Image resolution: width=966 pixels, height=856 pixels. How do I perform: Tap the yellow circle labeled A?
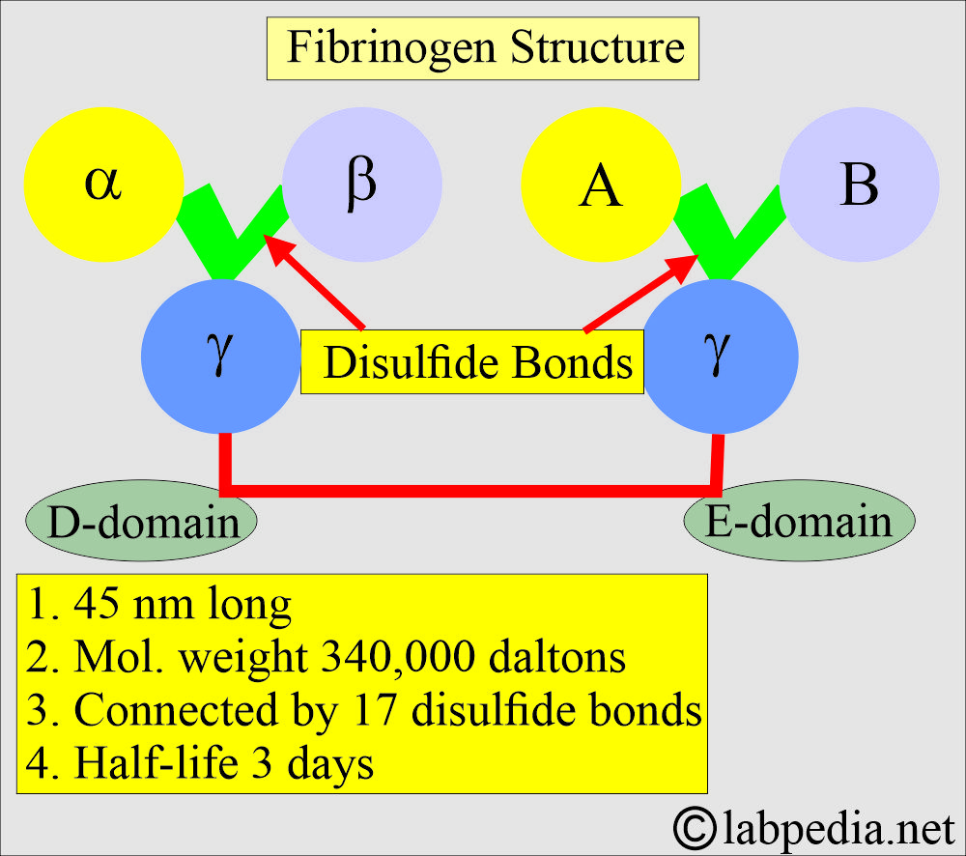tap(600, 185)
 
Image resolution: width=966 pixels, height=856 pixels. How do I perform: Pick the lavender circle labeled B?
tap(859, 185)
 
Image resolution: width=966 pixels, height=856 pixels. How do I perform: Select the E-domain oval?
tap(799, 522)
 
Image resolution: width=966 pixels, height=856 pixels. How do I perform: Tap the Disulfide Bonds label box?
tap(472, 362)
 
